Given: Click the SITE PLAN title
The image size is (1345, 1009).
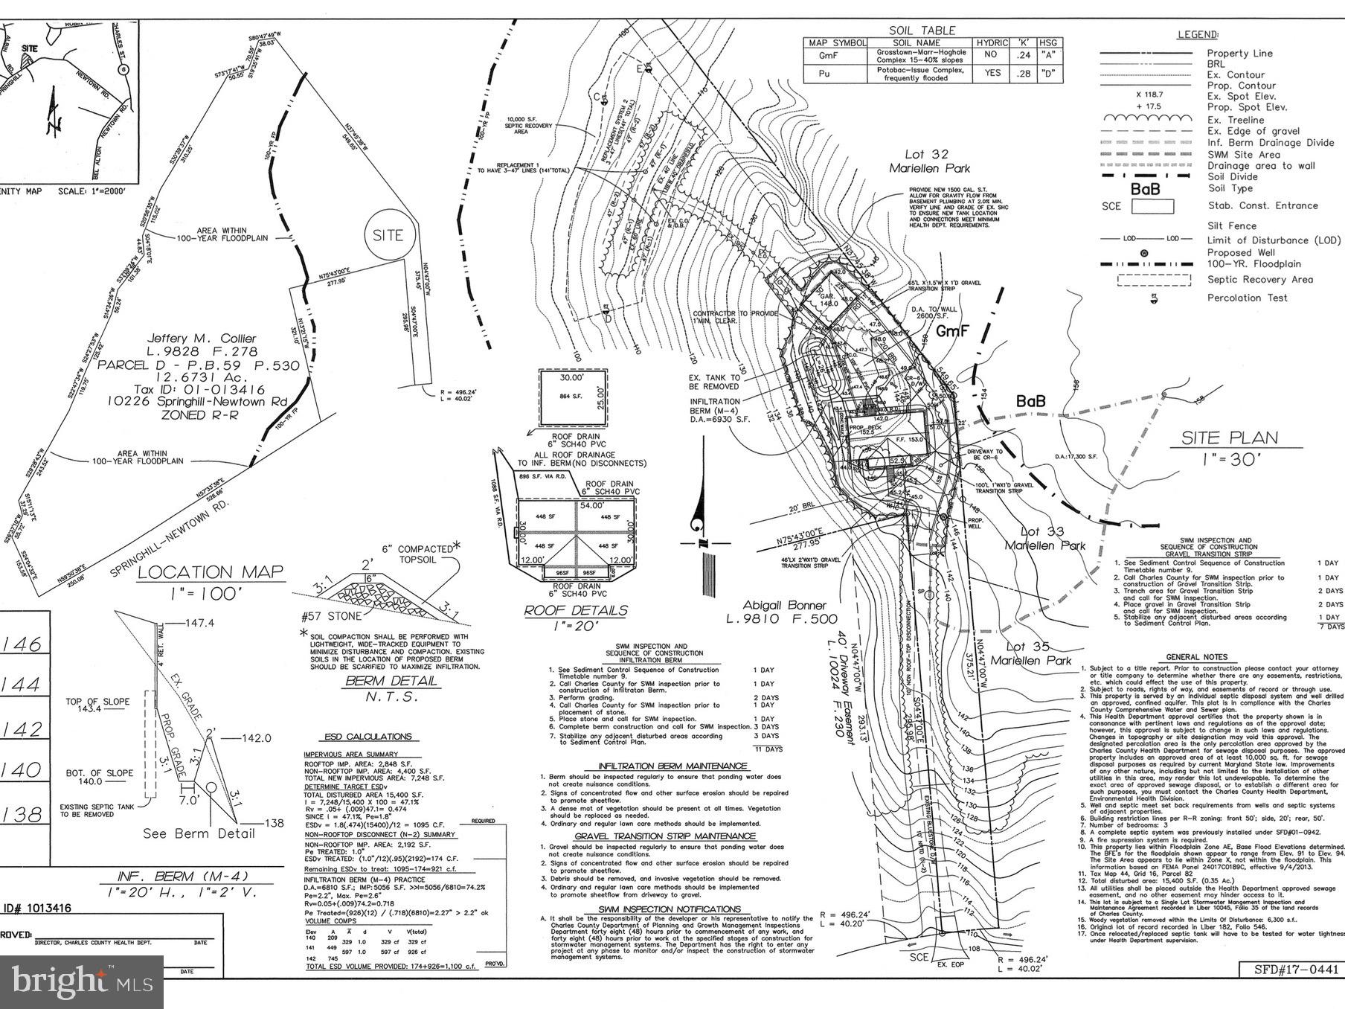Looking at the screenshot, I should (x=1229, y=438).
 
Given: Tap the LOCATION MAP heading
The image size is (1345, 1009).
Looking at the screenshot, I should (x=211, y=571).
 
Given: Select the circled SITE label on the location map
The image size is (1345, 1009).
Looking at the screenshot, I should (x=388, y=235).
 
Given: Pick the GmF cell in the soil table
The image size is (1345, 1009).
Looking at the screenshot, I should (x=828, y=56).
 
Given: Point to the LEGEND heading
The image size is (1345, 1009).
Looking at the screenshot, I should (x=1198, y=34).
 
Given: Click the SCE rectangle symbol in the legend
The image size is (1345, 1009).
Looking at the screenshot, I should (x=1152, y=206).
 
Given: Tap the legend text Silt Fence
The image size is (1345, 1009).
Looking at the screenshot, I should (x=1231, y=225).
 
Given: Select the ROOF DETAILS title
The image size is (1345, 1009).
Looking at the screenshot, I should (x=576, y=610).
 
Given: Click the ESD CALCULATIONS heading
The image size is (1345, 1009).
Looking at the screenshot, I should (x=367, y=737).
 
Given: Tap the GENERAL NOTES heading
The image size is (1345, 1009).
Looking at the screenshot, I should (x=1196, y=657).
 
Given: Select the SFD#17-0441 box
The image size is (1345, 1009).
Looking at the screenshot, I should (x=1290, y=969).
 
